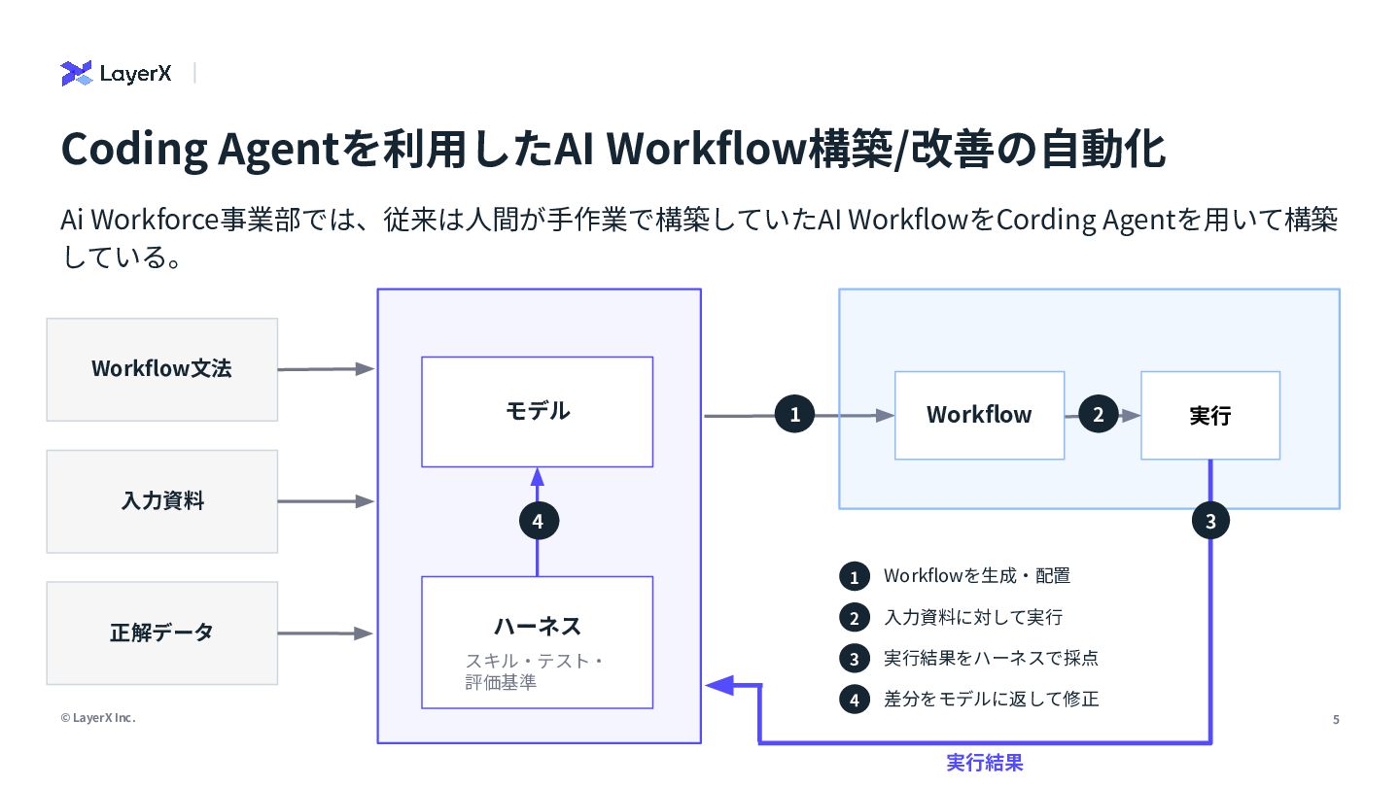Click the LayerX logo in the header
coord(116,73)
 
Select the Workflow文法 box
coord(161,370)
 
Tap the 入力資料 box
coord(161,501)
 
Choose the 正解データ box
coord(161,633)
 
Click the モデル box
coord(538,412)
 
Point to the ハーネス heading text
coord(538,627)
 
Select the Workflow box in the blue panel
coord(979,416)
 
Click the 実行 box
coord(1210,416)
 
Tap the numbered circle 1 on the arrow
coord(794,414)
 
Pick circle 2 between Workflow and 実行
coord(1099,414)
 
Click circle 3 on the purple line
coord(1210,521)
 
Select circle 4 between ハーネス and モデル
coord(539,521)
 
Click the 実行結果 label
coord(984,763)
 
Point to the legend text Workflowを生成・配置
coord(977,575)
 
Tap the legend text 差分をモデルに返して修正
coord(992,699)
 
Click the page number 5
coord(1336,720)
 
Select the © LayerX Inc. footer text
coord(98,718)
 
